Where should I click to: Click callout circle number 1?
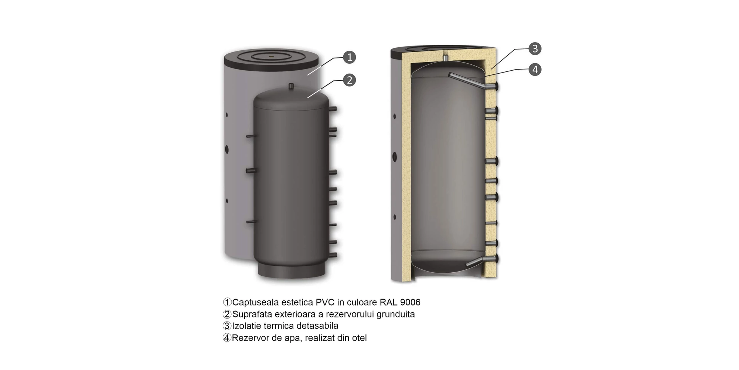(x=349, y=57)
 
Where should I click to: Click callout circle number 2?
(x=349, y=80)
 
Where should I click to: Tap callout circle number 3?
(x=535, y=48)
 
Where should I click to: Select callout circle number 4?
(x=535, y=69)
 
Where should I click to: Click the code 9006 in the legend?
(x=410, y=302)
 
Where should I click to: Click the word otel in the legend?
(x=359, y=338)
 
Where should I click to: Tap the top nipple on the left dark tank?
(x=291, y=87)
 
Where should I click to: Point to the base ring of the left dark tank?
(x=292, y=270)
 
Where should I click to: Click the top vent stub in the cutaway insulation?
(x=445, y=58)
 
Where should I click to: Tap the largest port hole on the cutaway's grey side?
(x=395, y=157)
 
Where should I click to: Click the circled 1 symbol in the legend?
(x=227, y=302)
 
